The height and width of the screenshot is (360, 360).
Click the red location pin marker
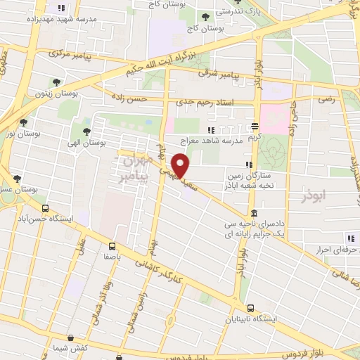[x=181, y=167]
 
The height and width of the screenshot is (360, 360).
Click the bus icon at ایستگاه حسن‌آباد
[x=46, y=209]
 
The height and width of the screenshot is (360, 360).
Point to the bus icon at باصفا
[x=112, y=246]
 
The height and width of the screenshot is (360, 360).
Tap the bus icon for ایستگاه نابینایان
[x=251, y=307]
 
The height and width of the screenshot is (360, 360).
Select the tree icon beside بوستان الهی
[x=86, y=131]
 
